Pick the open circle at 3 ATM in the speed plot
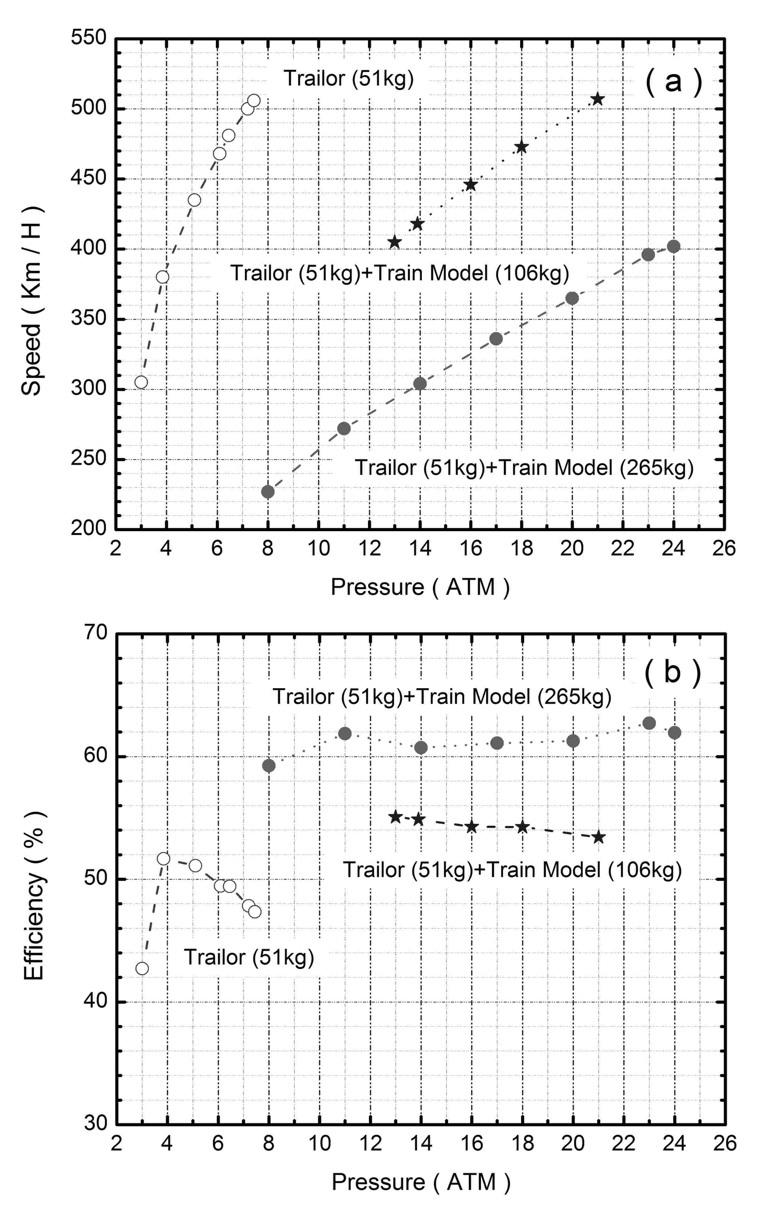[x=141, y=382]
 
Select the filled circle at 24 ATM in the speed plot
[x=673, y=247]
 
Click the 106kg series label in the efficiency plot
[x=512, y=870]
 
